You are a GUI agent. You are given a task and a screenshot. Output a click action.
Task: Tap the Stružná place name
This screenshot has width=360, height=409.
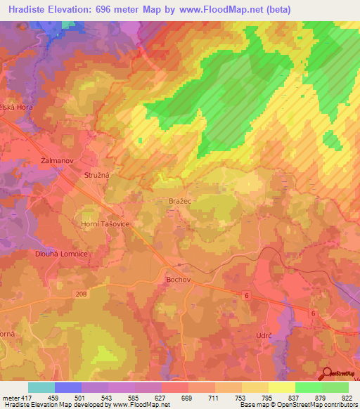(97, 174)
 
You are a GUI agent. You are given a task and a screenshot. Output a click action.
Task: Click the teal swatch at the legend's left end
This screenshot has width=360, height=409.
(41, 387)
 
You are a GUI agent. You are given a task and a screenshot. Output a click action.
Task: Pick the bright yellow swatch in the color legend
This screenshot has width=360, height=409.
(281, 387)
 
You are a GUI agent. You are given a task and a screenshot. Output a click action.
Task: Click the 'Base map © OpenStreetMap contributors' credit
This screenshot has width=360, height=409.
(299, 404)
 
